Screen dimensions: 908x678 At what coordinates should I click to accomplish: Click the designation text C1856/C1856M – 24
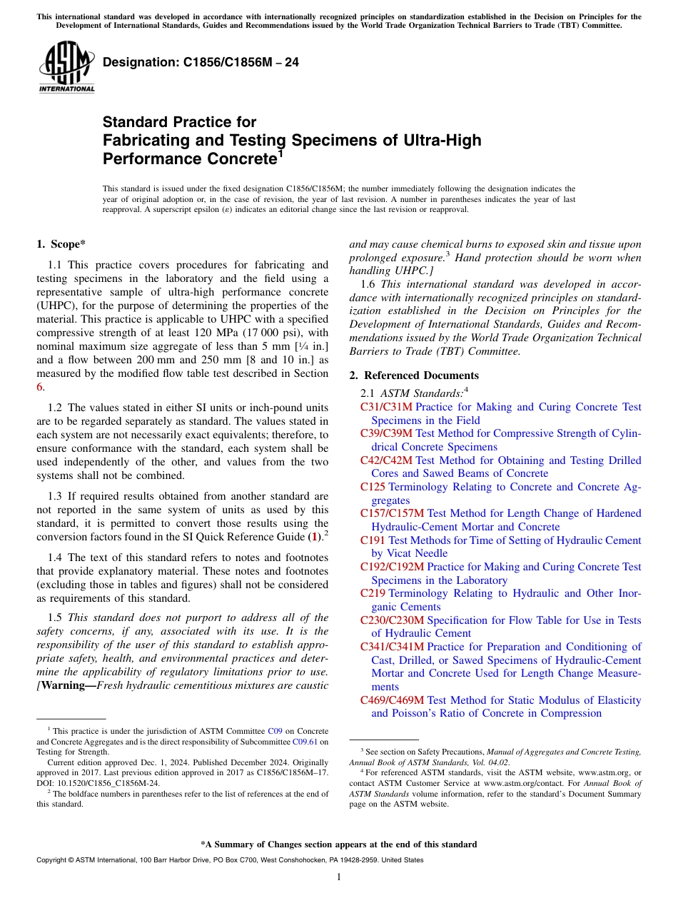[x=201, y=63]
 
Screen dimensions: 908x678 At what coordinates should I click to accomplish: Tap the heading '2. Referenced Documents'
[x=414, y=375]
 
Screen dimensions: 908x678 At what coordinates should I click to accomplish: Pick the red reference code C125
[x=373, y=487]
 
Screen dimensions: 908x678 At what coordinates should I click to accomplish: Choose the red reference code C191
[x=373, y=540]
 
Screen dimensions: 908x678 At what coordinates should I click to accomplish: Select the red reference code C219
[x=373, y=593]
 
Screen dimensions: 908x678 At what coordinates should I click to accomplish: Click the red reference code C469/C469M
[x=392, y=700]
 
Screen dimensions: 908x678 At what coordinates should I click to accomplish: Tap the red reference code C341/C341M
[x=392, y=647]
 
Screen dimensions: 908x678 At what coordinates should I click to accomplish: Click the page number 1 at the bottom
[x=339, y=877]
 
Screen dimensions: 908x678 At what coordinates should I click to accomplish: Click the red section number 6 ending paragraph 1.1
[x=39, y=386]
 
